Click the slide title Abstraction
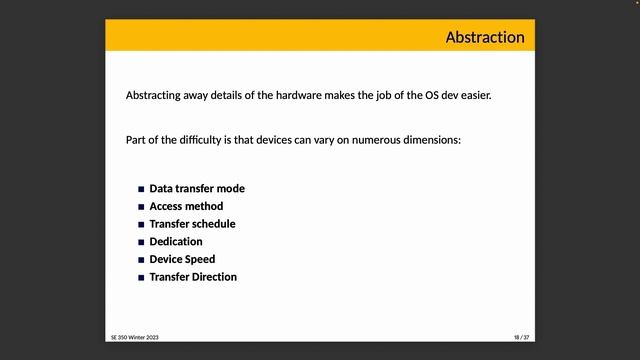tap(484, 37)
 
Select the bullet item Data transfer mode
tap(197, 188)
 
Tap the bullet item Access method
tap(186, 206)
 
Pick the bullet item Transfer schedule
tap(192, 224)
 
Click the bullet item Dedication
tap(176, 241)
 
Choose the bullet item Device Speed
tap(182, 259)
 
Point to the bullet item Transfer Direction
tap(193, 277)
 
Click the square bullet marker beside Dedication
tap(141, 242)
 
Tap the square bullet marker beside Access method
tap(141, 207)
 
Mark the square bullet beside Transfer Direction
tap(141, 277)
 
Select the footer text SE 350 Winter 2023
tap(134, 338)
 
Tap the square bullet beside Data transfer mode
tap(141, 189)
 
